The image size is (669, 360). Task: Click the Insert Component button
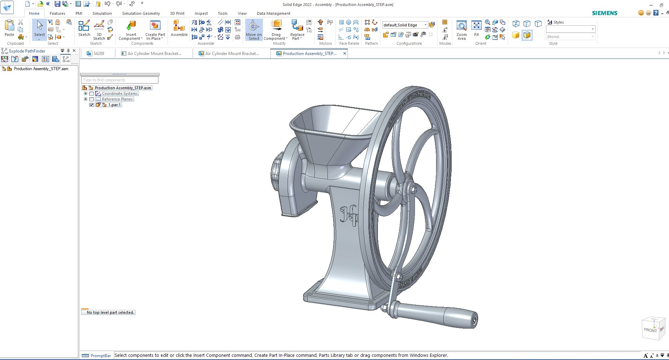coord(131,30)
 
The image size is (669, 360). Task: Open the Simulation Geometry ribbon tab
coord(141,13)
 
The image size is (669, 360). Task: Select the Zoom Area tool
coord(461,30)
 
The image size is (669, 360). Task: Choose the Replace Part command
coord(297,30)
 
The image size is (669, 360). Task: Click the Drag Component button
coord(276,30)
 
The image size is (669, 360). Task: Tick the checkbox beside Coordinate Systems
coord(92,94)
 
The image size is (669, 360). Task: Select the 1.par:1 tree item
coord(114,105)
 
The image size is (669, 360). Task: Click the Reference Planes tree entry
coord(117,99)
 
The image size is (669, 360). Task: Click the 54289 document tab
coord(98,54)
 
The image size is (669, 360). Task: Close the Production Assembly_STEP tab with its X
coord(345,54)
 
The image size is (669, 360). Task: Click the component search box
coord(120,80)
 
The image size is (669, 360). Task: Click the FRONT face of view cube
coord(650,330)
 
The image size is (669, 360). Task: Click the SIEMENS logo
coord(604,13)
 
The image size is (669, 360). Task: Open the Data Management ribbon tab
coord(273,13)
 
